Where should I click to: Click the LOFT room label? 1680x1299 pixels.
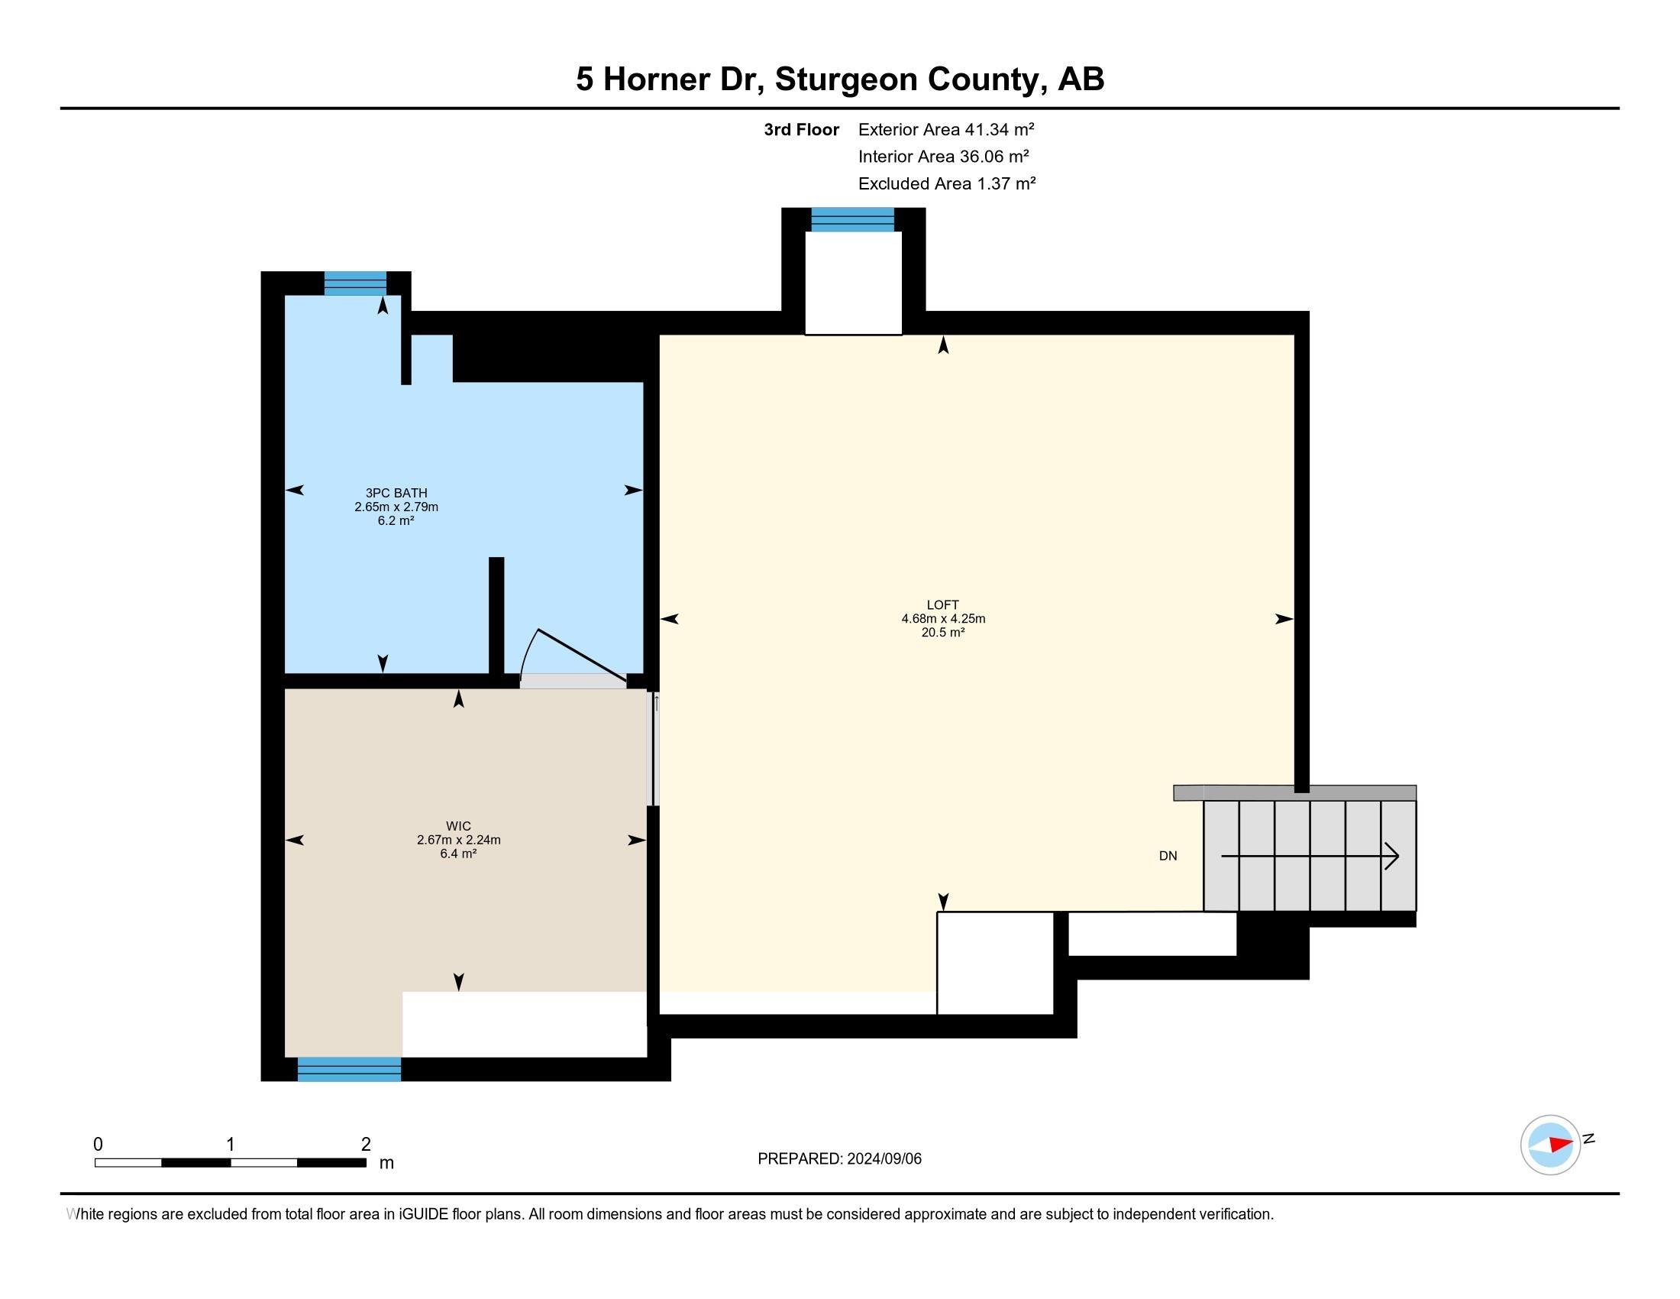click(942, 605)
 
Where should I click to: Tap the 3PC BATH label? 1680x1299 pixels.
click(396, 494)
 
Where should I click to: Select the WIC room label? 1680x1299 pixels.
click(458, 827)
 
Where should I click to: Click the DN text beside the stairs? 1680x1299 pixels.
click(1168, 856)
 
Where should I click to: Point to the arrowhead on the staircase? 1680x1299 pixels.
click(1391, 856)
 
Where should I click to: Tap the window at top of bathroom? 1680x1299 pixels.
click(354, 283)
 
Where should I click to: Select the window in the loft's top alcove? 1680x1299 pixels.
click(852, 220)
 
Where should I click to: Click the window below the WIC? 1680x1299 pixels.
click(349, 1069)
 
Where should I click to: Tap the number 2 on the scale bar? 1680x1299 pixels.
click(366, 1145)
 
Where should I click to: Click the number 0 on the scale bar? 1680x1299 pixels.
click(98, 1145)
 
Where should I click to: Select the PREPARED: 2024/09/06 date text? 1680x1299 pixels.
click(839, 1159)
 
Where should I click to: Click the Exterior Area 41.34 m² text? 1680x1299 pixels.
click(945, 129)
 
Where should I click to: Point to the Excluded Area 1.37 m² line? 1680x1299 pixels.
click(946, 184)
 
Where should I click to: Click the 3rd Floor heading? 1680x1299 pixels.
click(801, 130)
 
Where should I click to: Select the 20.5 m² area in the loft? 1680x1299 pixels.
click(942, 633)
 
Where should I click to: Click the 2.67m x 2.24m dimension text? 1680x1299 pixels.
click(458, 841)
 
